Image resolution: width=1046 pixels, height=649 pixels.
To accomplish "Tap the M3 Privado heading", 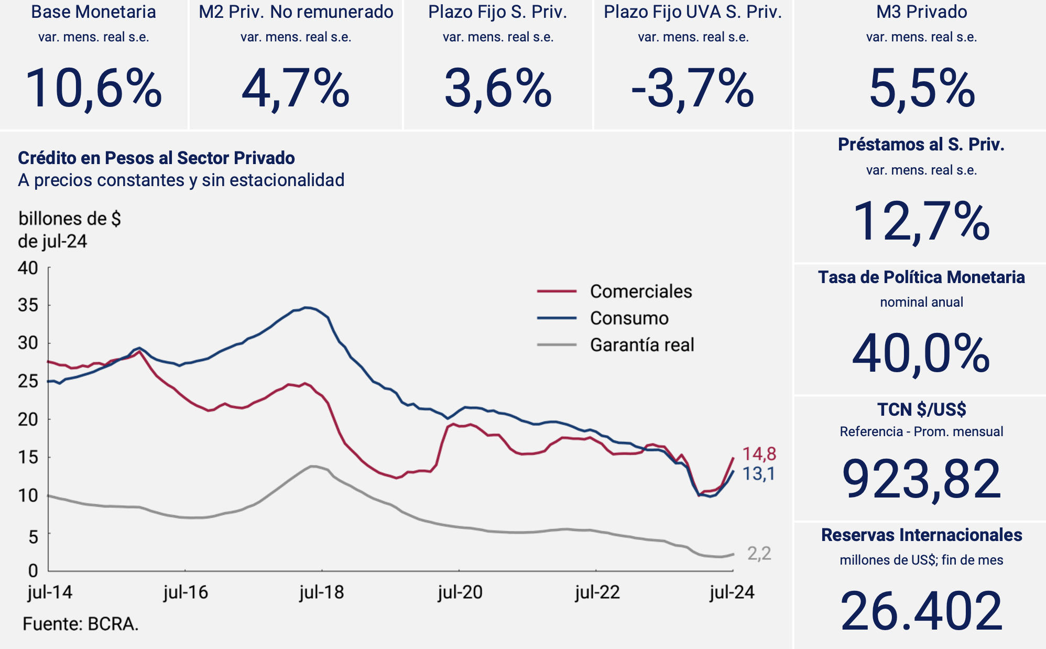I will [x=921, y=12].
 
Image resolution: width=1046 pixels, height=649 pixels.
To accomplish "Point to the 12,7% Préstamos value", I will [x=921, y=222].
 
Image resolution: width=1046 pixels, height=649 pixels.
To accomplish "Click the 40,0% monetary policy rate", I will [x=921, y=354].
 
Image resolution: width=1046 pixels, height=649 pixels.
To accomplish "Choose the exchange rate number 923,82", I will [x=921, y=479].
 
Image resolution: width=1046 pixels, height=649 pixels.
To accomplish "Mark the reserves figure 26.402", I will [x=921, y=611].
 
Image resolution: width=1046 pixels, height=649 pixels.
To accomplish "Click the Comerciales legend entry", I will [x=640, y=291].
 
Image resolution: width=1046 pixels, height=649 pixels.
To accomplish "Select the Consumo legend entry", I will [x=629, y=318].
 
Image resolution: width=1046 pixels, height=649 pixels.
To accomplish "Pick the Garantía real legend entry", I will [x=641, y=345].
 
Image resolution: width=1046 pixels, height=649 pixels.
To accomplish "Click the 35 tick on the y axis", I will [x=28, y=305].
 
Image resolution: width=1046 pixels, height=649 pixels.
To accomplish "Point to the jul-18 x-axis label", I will [x=321, y=592].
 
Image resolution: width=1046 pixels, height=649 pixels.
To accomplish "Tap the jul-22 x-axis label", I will [x=597, y=592].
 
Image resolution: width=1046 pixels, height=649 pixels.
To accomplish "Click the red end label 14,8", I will [x=759, y=454].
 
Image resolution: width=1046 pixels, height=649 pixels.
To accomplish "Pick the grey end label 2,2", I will [x=759, y=554].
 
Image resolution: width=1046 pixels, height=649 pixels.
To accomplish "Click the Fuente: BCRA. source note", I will [x=80, y=624].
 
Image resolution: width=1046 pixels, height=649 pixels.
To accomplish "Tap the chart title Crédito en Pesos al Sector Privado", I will [x=156, y=158].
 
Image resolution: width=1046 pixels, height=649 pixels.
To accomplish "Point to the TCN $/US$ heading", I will [x=921, y=409].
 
